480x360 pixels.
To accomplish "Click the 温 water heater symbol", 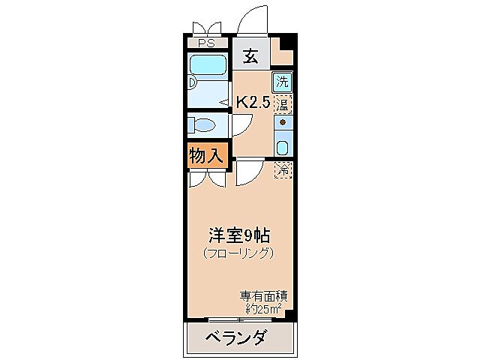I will pyautogui.click(x=283, y=102).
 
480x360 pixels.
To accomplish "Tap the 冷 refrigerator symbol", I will pyautogui.click(x=283, y=170).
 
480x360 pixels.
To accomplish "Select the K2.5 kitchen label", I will pyautogui.click(x=253, y=102).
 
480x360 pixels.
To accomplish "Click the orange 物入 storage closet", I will pyautogui.click(x=205, y=157).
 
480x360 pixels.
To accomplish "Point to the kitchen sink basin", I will pyautogui.click(x=283, y=145).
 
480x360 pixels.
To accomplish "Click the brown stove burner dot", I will pyautogui.click(x=283, y=121).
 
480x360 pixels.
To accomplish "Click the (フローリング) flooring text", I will pyautogui.click(x=238, y=253).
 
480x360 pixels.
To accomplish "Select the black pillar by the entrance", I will pyautogui.click(x=283, y=47).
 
